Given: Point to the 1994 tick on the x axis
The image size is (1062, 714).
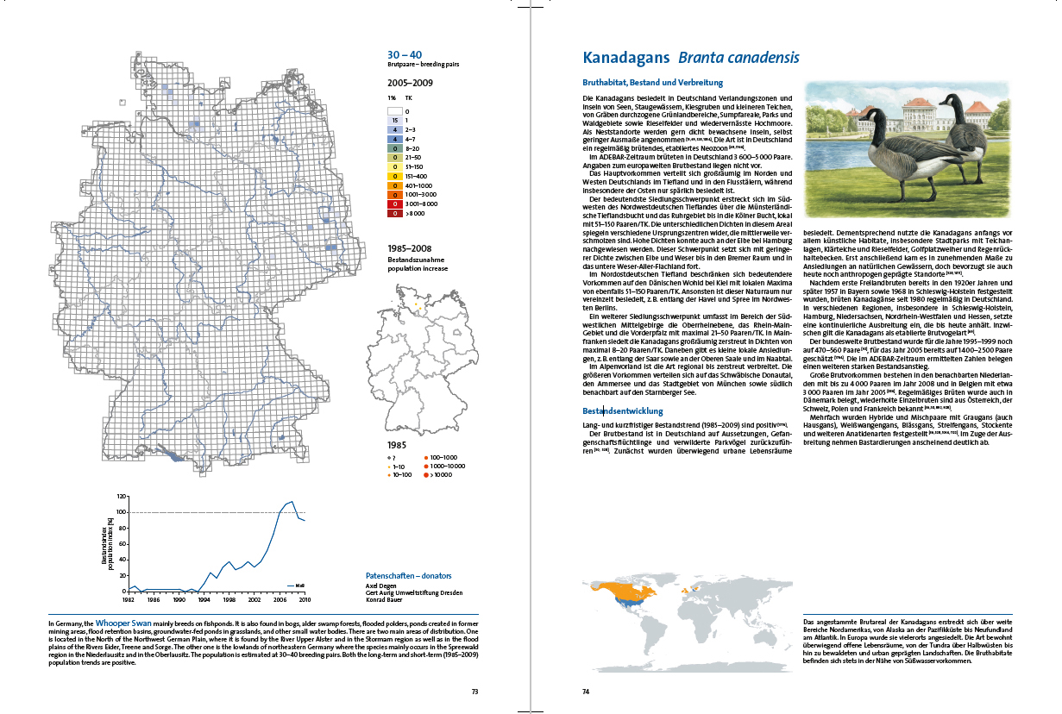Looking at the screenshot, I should pos(203,598).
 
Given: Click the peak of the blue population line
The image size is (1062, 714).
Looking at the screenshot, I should pos(292,501).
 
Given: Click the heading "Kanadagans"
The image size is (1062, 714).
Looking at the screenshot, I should pos(626,58).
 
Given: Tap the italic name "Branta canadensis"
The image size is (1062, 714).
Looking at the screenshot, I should pos(738,58).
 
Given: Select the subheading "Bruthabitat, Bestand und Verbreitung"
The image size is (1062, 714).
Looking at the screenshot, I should pos(652,83).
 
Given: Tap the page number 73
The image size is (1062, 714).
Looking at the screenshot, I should pos(474,691).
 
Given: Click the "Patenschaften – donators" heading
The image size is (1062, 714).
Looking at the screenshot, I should pos(409,575).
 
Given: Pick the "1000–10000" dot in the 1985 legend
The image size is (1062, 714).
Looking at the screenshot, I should pos(426,466).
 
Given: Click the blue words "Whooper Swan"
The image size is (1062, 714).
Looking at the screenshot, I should pos(123,621).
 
